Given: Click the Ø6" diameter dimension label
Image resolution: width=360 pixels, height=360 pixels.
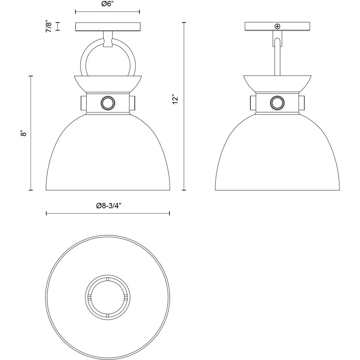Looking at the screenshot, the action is click(x=108, y=4).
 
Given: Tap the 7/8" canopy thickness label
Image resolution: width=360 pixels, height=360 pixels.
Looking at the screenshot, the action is click(x=49, y=26).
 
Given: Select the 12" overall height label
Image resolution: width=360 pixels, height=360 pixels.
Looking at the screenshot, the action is click(x=175, y=99).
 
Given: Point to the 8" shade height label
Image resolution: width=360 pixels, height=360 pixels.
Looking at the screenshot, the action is click(x=24, y=133).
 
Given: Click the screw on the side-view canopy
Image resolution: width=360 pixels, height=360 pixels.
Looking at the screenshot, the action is click(x=277, y=26).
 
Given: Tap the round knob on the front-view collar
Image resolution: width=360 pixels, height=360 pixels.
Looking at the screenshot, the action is click(x=108, y=103).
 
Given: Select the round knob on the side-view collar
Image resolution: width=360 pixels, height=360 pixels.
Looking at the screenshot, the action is click(x=277, y=103).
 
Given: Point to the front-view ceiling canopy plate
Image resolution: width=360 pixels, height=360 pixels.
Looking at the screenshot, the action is click(x=108, y=26).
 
